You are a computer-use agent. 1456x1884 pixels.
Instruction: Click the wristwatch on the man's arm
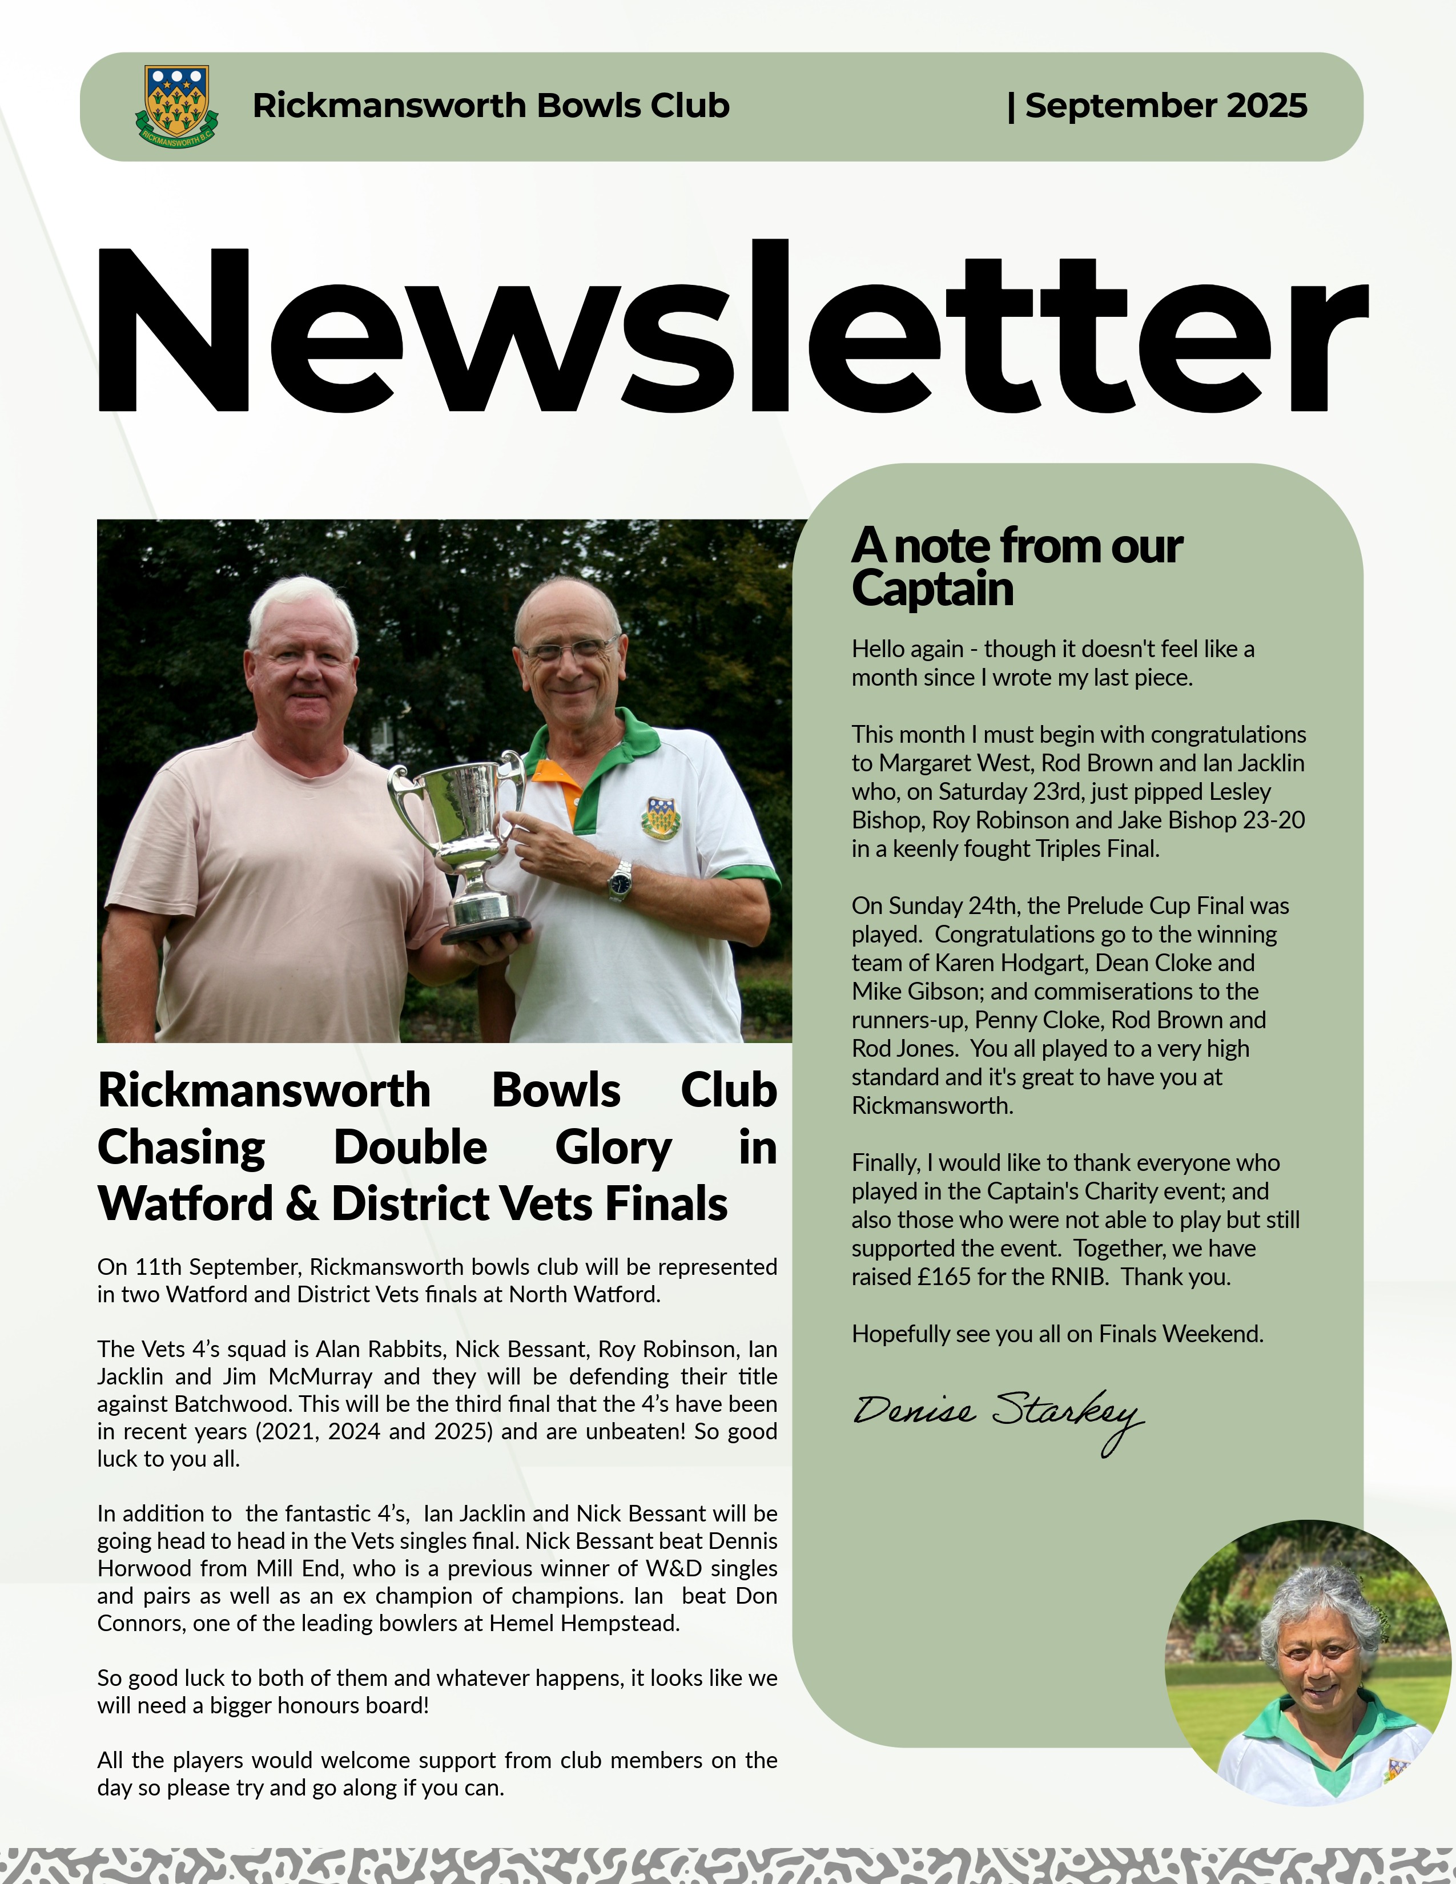coord(620,881)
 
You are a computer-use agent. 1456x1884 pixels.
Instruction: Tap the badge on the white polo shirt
coord(660,818)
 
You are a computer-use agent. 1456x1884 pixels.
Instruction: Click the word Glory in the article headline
coord(613,1148)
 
